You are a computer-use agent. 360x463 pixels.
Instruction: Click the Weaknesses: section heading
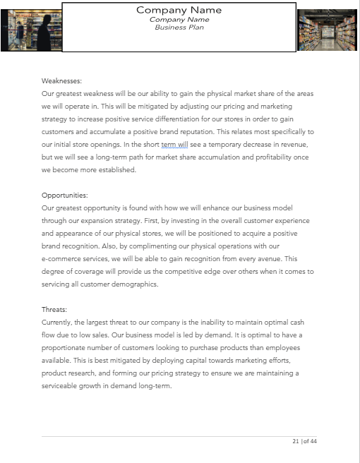click(61, 81)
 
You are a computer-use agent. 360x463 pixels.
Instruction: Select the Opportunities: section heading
click(65, 195)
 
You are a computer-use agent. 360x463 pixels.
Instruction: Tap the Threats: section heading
click(54, 309)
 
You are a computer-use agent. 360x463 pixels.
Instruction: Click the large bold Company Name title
click(179, 10)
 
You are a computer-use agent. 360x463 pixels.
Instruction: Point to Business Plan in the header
click(179, 27)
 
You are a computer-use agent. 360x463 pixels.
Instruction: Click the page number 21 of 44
click(304, 441)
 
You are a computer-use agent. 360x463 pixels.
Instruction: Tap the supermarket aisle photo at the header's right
click(328, 30)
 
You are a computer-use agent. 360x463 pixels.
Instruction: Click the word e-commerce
click(64, 258)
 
